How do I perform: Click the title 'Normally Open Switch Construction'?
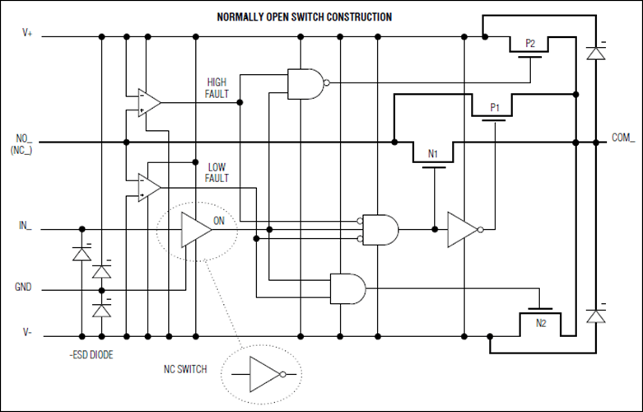click(x=304, y=16)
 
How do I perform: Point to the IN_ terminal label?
click(x=25, y=224)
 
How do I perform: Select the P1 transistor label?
click(x=495, y=107)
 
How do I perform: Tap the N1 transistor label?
click(x=433, y=154)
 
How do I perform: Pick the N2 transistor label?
click(x=540, y=322)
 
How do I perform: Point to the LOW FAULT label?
click(x=217, y=172)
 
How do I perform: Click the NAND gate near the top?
click(x=305, y=83)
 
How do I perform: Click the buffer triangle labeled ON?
click(x=195, y=228)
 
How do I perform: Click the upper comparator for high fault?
click(x=149, y=102)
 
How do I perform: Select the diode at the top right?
click(x=594, y=54)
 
